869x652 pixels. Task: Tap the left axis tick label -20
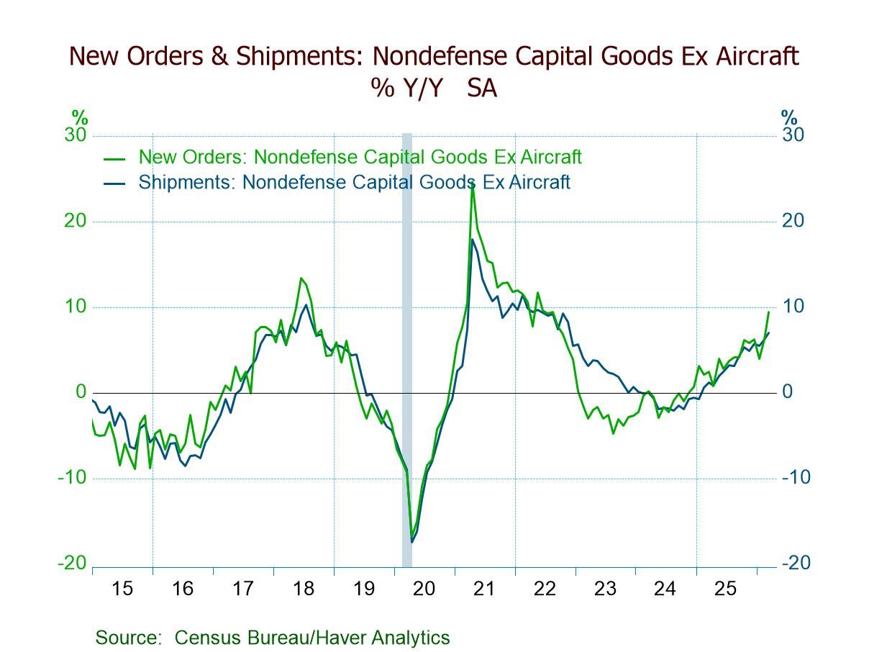pos(72,563)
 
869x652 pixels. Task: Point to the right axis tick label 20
pos(793,221)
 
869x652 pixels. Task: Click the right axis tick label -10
pos(796,478)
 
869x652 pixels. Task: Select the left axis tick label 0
pos(81,392)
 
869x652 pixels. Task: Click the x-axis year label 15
pos(122,589)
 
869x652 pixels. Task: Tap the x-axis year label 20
pos(424,589)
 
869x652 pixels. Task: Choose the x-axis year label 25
pos(726,589)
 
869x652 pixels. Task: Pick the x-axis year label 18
pos(304,589)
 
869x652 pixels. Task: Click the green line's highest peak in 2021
pos(472,184)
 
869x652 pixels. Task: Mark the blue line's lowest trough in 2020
pos(412,542)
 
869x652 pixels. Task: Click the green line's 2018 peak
pos(301,278)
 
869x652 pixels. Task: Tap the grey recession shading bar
pos(406,345)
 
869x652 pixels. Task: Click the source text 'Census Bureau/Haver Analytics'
pos(311,638)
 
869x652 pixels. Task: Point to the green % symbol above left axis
pos(79,117)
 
